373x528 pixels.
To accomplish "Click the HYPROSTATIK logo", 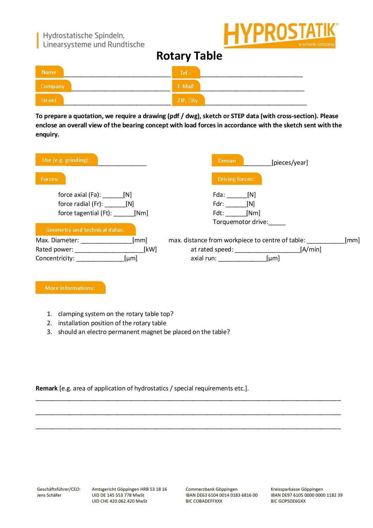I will (x=281, y=35).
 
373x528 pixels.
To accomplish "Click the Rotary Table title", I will (x=189, y=56).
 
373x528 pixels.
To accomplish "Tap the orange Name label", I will (x=49, y=72).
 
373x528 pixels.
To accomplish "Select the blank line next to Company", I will (x=121, y=88).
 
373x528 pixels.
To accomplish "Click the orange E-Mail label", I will (x=185, y=86).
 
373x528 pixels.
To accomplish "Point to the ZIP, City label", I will (x=188, y=100).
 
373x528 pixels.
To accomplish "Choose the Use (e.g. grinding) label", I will (x=66, y=160).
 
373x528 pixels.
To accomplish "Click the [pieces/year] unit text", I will (x=289, y=163).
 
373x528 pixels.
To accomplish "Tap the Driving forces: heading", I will (x=236, y=179).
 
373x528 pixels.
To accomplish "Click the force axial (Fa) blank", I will (x=113, y=196).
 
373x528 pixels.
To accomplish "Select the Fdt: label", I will (x=218, y=213).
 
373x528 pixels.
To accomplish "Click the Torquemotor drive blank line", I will (x=277, y=223).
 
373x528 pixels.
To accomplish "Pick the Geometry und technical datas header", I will (x=85, y=230).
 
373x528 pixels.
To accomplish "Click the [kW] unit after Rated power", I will (x=150, y=249).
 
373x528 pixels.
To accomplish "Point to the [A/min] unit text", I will (x=311, y=249).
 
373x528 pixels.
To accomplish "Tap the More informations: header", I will (x=70, y=288).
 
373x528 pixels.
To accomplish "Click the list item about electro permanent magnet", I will (x=143, y=332).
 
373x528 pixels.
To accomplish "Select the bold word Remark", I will (x=47, y=388).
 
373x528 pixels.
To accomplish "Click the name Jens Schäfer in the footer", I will (x=49, y=495).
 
